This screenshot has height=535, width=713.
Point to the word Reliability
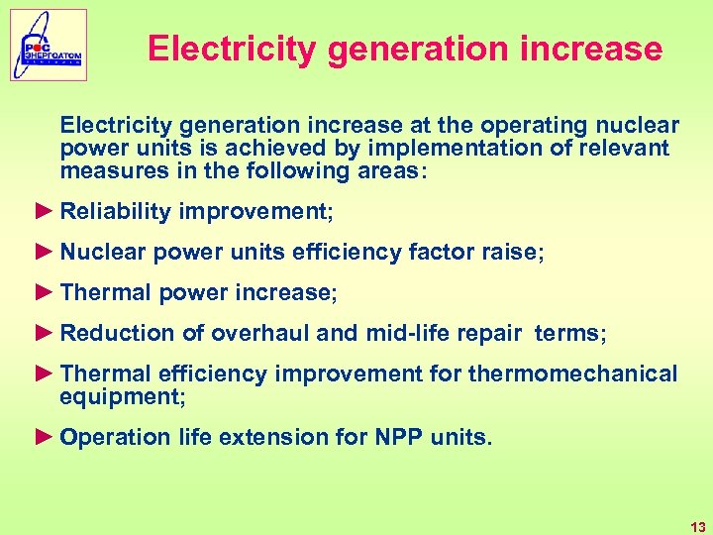coord(116,211)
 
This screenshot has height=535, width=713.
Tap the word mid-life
coord(405,334)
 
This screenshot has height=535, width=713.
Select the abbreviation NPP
coord(399,437)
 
